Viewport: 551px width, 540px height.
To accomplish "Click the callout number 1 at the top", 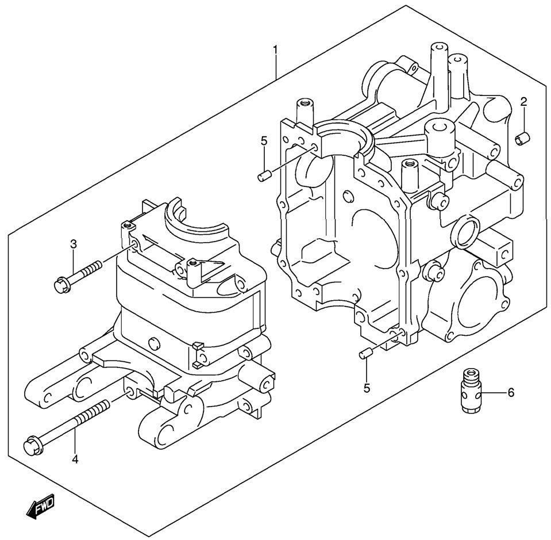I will point(275,51).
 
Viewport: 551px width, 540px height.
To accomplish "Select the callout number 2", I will point(523,102).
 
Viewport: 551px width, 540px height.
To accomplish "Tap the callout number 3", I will point(74,244).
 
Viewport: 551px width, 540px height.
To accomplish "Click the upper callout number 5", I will point(264,140).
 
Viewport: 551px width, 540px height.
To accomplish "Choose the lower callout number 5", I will point(367,388).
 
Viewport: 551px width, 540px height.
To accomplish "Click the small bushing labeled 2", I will point(523,139).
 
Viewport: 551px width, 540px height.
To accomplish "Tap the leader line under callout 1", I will point(276,69).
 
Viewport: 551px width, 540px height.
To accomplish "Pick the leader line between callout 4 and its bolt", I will point(75,441).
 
